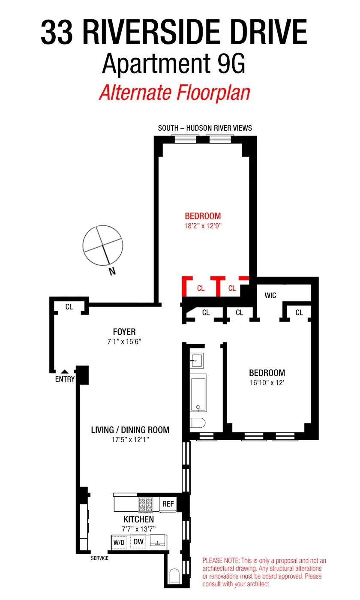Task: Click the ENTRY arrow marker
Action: [x=64, y=372]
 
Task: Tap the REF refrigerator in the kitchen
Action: [x=168, y=504]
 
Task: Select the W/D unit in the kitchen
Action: [x=119, y=543]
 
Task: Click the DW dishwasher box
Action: [x=138, y=542]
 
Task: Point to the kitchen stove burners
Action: [x=145, y=504]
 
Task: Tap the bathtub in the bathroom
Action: [x=198, y=393]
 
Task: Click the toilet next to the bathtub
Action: [x=198, y=423]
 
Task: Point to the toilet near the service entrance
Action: [x=174, y=576]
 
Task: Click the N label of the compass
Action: [x=112, y=271]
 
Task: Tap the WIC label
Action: [x=270, y=295]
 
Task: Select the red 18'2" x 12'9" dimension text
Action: [x=203, y=225]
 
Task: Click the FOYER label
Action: [x=124, y=332]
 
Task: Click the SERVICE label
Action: [x=99, y=558]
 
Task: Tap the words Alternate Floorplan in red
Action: [x=174, y=92]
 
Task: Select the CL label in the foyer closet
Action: [x=69, y=307]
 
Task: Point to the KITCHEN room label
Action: [x=138, y=519]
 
